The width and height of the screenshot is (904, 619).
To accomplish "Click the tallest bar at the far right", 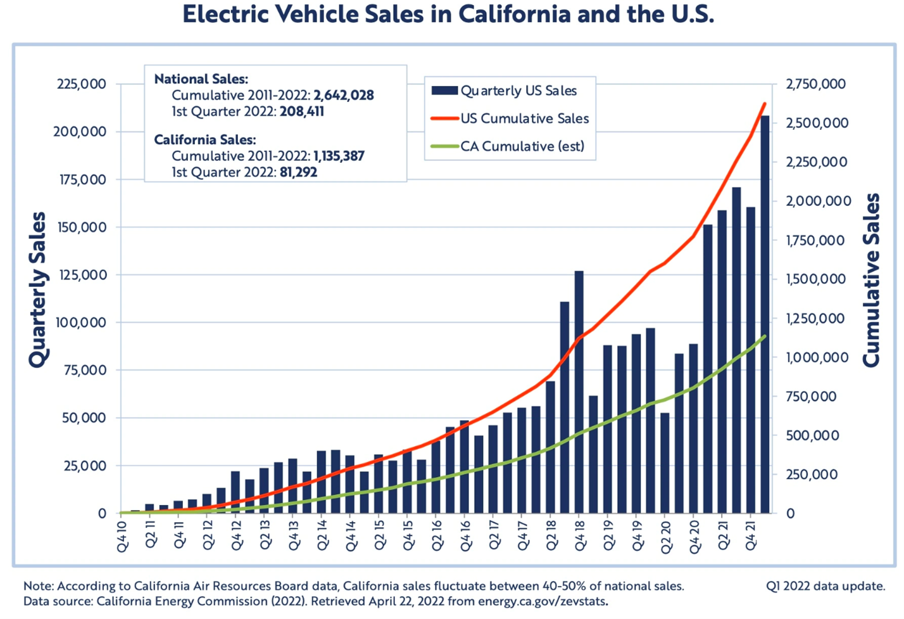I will [765, 317].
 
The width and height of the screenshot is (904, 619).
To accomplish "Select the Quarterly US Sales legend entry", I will [518, 91].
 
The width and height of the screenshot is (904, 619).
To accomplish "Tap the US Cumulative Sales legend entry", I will [525, 118].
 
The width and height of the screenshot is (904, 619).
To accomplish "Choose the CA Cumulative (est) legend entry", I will [522, 146].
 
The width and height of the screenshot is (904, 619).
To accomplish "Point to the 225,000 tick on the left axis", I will [82, 84].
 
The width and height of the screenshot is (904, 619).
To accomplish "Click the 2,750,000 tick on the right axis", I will [815, 84].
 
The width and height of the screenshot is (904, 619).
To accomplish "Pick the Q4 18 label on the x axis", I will [579, 536].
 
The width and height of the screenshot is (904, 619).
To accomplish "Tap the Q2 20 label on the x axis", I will [665, 536].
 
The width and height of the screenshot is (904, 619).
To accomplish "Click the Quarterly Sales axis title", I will [38, 290].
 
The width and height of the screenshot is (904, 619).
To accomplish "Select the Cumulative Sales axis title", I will [872, 280].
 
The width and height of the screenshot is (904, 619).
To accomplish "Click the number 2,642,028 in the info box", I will [343, 95].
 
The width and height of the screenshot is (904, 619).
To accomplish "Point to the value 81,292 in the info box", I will [298, 172].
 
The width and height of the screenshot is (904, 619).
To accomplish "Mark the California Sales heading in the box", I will [205, 140].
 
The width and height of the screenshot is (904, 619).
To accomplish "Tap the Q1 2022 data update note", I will [826, 586].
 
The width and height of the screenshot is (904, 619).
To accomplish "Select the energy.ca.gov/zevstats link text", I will [542, 601].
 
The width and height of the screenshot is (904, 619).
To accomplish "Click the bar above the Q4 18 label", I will [579, 393].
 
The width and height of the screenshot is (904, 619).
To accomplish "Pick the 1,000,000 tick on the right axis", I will [817, 357].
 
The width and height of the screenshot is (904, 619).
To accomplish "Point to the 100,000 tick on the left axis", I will [81, 322].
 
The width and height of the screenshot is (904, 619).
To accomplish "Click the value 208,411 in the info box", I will [301, 112].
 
